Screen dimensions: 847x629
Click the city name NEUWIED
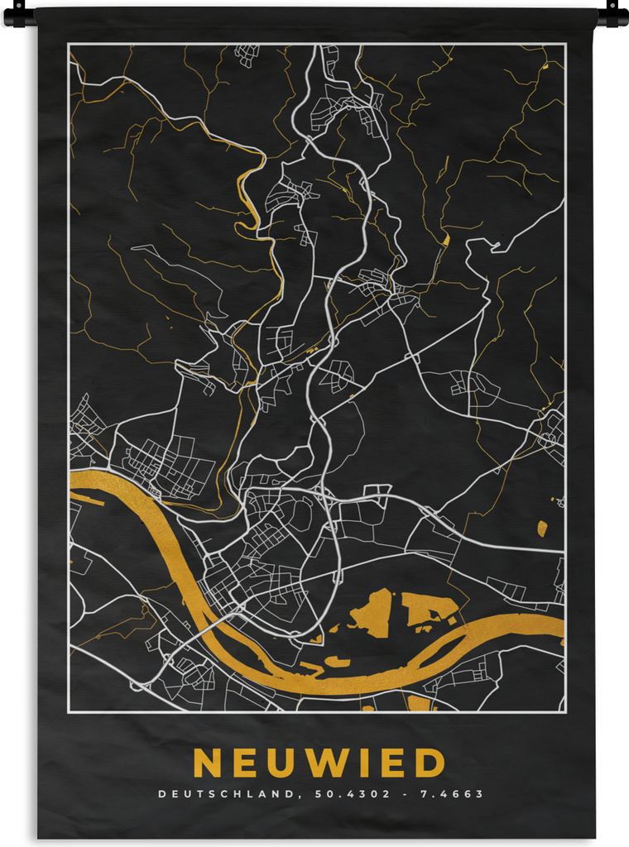(x=319, y=763)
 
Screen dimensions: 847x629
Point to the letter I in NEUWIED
(x=372, y=763)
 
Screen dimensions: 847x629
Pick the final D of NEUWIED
(x=431, y=763)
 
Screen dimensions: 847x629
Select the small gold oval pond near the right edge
(x=542, y=528)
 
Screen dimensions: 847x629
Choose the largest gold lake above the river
(x=372, y=613)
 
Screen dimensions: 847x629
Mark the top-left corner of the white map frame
(x=70, y=44)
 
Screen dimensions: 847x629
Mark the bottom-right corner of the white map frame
(x=565, y=711)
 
